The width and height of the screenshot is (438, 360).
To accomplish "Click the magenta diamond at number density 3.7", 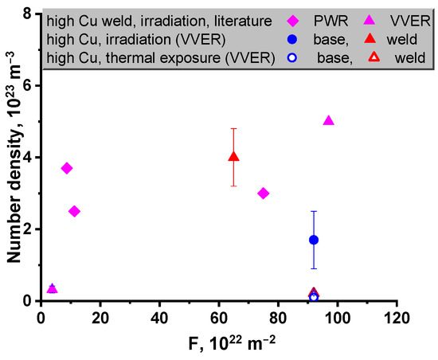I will point(67,168).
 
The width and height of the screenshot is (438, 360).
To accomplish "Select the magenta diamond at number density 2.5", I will point(74,211).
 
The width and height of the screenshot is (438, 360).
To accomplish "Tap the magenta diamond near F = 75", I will point(264,194).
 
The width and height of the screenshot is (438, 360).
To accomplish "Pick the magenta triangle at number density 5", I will point(329,121).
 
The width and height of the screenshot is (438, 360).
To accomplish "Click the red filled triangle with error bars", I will point(233,157).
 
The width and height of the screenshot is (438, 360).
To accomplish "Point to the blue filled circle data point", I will point(314,240).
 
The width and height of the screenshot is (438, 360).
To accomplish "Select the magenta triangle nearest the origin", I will point(52,288).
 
